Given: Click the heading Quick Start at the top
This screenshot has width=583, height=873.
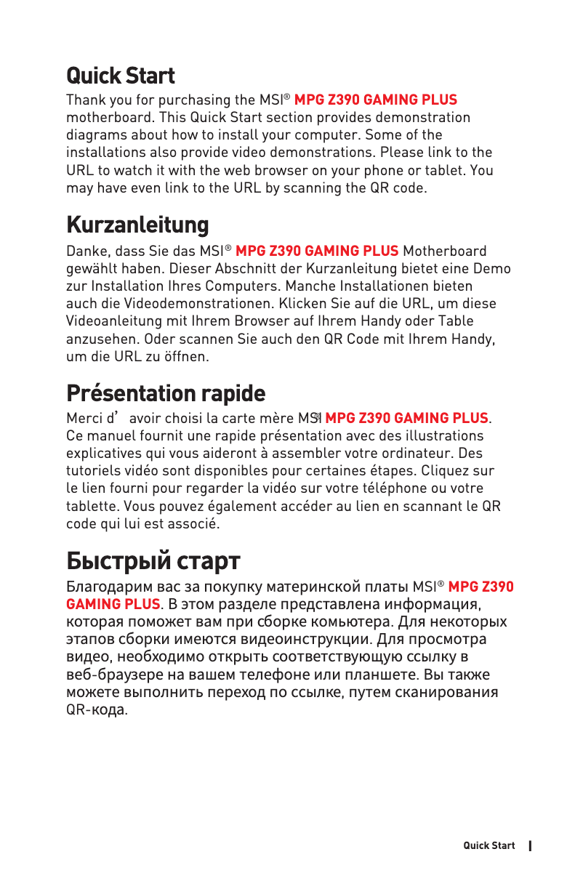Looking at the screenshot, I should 121,76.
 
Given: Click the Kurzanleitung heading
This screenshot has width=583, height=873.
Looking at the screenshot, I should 137,225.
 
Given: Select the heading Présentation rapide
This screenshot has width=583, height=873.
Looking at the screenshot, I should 166,393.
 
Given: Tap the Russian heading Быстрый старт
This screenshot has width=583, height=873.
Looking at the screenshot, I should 153,561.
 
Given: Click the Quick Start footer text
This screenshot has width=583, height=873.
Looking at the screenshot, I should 489,845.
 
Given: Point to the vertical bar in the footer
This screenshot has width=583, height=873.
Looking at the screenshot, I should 531,845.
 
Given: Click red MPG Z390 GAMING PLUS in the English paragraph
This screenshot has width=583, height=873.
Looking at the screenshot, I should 376,100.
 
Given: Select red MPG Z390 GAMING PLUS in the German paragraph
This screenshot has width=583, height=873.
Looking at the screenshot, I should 318,252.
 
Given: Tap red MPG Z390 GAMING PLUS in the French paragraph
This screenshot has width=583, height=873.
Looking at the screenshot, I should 407,419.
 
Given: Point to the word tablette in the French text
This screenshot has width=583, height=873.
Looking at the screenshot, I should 92,506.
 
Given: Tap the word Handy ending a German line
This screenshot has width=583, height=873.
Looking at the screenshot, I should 476,339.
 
